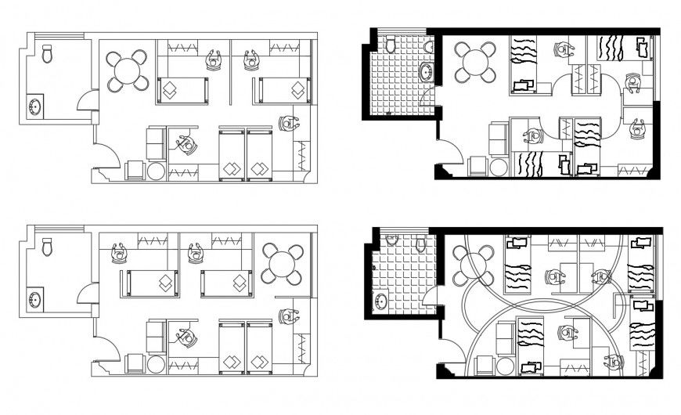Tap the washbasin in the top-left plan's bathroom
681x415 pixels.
coord(36,105)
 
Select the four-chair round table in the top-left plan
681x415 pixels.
coord(127,70)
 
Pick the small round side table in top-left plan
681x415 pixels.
coord(156,171)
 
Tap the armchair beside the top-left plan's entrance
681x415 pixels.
coord(135,170)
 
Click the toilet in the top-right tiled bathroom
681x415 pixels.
coord(390,45)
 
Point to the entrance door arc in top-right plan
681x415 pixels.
coord(448,153)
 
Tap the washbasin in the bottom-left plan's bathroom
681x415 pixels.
coord(36,298)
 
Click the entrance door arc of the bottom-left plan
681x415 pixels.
coord(107,349)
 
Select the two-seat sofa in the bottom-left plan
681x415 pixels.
coord(156,335)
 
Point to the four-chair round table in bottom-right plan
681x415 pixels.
coord(474,265)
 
